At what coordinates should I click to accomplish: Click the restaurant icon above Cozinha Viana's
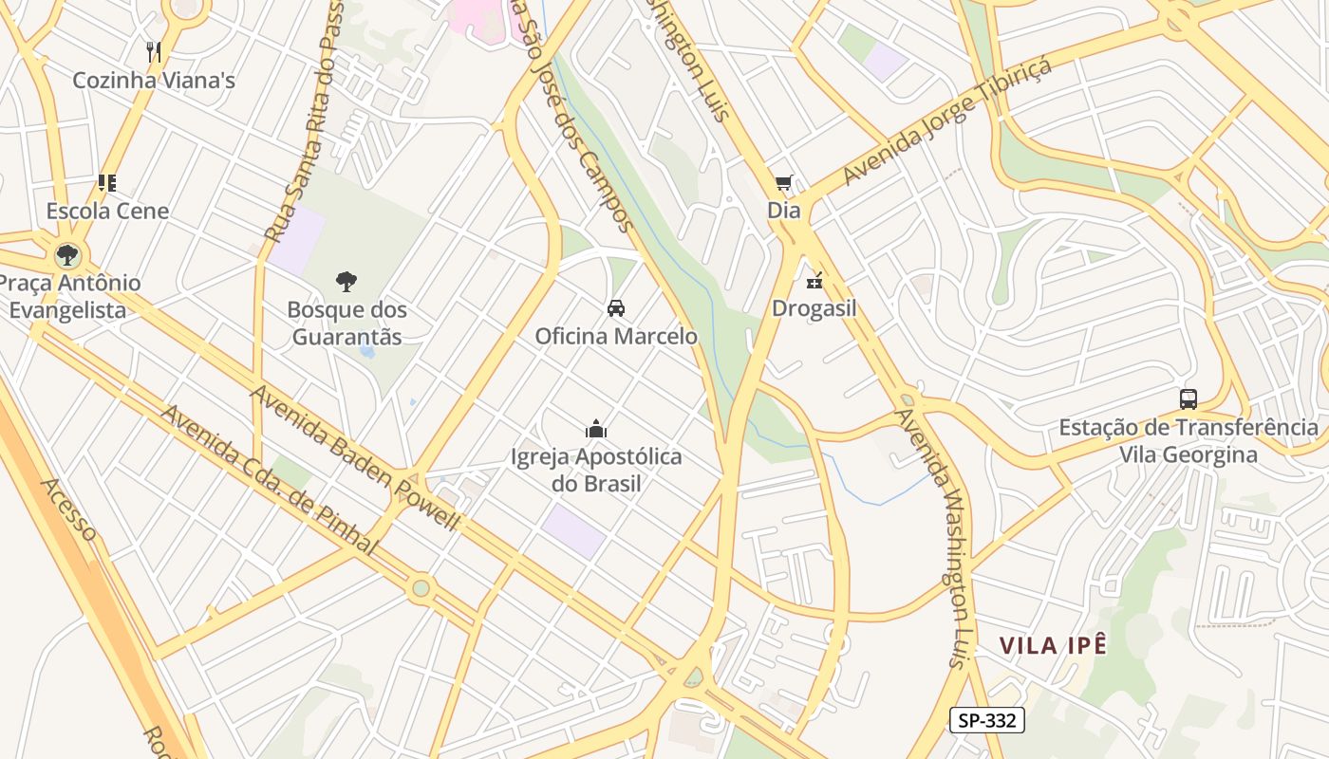(x=154, y=51)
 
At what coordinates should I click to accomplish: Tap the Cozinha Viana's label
(x=154, y=81)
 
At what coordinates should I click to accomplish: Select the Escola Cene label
(x=107, y=211)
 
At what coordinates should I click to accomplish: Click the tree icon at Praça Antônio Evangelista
(x=66, y=254)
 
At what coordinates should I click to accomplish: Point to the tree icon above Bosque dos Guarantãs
(x=346, y=281)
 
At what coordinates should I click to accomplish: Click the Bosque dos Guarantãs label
(x=346, y=324)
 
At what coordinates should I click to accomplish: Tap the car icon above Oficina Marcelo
(x=616, y=307)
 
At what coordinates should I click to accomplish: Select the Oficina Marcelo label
(x=616, y=336)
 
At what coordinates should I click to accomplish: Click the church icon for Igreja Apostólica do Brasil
(x=596, y=429)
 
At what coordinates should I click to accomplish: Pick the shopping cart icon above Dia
(x=783, y=182)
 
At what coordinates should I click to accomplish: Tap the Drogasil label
(x=814, y=308)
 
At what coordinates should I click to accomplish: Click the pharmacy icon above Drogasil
(x=814, y=280)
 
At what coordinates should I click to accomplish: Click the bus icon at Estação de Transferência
(x=1188, y=399)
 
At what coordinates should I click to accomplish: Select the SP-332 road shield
(x=987, y=720)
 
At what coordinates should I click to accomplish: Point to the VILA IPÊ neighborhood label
(x=1053, y=646)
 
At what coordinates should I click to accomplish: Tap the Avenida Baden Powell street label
(x=355, y=457)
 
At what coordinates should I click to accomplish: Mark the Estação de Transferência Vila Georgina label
(x=1189, y=441)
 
